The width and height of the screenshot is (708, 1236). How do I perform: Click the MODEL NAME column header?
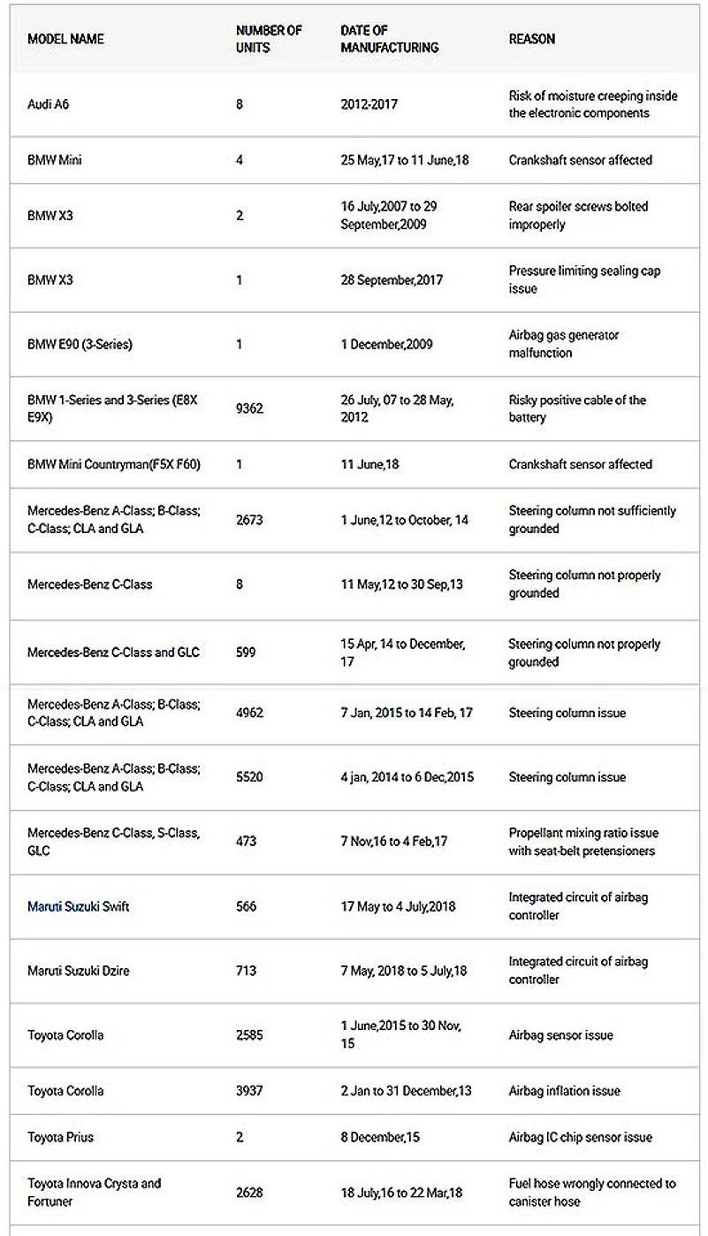(65, 39)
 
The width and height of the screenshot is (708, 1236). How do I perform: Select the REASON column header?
(532, 39)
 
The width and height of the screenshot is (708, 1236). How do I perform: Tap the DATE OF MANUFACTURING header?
(389, 39)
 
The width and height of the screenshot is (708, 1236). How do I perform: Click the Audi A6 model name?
(48, 104)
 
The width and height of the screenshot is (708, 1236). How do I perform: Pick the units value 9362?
(249, 408)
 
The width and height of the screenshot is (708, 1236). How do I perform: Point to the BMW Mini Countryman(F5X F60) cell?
(114, 464)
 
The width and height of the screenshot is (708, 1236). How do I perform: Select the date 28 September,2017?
(392, 280)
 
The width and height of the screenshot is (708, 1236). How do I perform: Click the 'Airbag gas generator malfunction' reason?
(564, 344)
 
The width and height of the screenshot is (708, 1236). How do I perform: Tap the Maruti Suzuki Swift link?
(79, 906)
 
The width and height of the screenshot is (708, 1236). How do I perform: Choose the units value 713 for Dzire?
(246, 971)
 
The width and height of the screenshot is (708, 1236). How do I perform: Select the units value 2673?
(249, 520)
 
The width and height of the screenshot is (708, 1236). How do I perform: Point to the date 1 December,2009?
(386, 344)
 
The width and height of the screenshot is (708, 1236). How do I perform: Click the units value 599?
(246, 652)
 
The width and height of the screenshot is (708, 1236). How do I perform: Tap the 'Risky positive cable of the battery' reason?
(577, 408)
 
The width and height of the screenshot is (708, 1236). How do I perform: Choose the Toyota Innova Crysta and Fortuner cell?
(94, 1192)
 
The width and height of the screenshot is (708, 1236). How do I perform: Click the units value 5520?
(249, 777)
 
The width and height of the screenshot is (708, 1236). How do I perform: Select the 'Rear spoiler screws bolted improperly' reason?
(578, 216)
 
